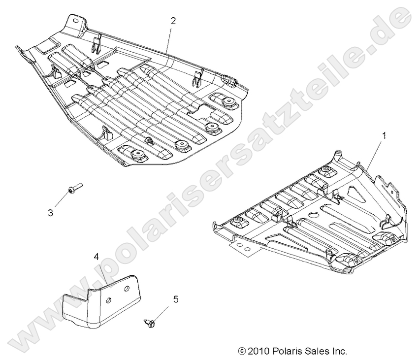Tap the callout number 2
pyautogui.click(x=173, y=21)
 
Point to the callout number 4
pyautogui.click(x=97, y=257)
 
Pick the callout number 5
pyautogui.click(x=175, y=299)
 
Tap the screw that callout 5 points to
pyautogui.click(x=150, y=323)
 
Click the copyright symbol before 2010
pyautogui.click(x=241, y=351)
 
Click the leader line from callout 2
pyautogui.click(x=169, y=39)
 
